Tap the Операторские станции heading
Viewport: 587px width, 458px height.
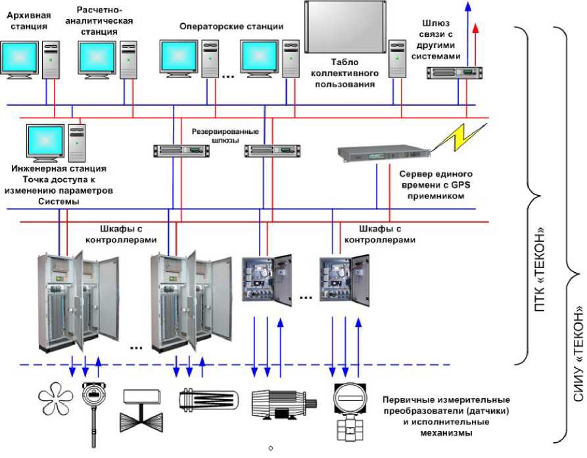tap(231, 27)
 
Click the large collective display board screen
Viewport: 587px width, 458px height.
tap(344, 28)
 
